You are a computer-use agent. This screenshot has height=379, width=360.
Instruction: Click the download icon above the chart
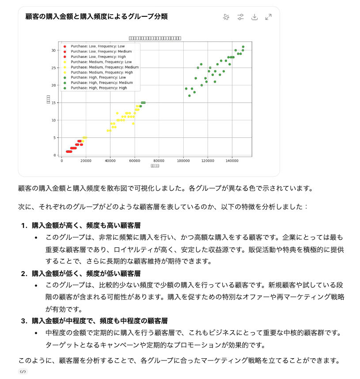[x=254, y=17]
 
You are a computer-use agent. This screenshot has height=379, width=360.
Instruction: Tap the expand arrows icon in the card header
[x=268, y=17]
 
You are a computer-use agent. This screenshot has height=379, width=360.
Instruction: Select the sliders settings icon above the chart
[x=240, y=17]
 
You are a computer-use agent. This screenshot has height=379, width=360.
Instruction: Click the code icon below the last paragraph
[x=23, y=371]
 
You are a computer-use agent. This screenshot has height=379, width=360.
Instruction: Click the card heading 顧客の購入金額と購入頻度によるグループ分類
[x=96, y=17]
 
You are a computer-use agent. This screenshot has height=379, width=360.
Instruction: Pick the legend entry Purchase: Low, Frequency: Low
[x=98, y=46]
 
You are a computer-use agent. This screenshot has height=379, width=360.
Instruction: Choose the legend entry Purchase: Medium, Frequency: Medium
[x=104, y=67]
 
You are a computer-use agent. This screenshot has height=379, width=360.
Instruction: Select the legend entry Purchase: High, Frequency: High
[x=99, y=88]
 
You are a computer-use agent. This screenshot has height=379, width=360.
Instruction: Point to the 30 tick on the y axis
[x=53, y=50]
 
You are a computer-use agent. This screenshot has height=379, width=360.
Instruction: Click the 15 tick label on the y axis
[x=53, y=103]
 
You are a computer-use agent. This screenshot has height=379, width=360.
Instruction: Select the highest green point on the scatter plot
[x=243, y=47]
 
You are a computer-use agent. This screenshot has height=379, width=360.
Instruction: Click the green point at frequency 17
[x=189, y=96]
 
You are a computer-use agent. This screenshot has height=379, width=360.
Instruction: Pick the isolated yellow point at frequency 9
[x=133, y=124]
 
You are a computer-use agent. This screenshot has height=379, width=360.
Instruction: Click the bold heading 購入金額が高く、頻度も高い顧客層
[x=86, y=225]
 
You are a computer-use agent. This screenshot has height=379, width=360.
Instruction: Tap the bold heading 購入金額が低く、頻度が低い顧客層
[x=86, y=273]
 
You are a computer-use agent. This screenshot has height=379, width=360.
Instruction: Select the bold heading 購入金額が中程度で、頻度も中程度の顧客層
[x=99, y=321]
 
